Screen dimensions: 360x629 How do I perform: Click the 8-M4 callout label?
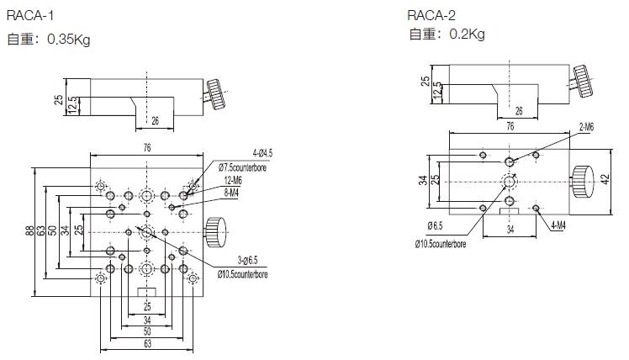[x=230, y=193]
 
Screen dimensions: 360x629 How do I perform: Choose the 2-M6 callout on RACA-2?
[x=586, y=126]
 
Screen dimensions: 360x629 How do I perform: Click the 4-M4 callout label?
[x=558, y=225]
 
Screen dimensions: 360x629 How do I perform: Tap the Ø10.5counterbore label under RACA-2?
[x=451, y=244]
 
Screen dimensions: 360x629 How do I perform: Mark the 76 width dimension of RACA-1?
[x=147, y=148]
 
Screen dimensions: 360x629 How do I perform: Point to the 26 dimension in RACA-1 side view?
[x=155, y=120]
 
